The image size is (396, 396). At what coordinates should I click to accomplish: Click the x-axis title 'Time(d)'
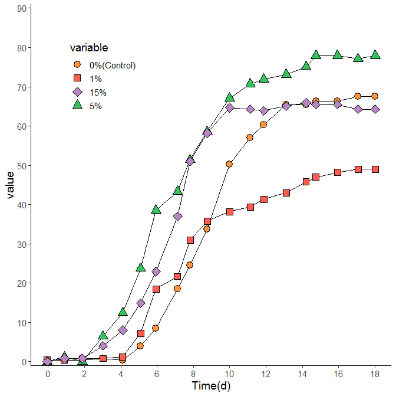tap(211, 386)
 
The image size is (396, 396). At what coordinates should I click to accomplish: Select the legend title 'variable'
tap(88, 47)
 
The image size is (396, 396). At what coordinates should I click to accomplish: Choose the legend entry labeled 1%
tap(95, 78)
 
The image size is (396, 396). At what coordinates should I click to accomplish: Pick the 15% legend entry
tap(98, 92)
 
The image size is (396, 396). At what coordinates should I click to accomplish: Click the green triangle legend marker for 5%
tap(77, 105)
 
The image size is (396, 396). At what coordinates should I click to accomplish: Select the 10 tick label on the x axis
tap(229, 374)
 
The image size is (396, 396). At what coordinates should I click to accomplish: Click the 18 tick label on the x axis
tap(375, 374)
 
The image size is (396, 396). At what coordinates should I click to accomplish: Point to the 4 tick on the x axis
tap(120, 374)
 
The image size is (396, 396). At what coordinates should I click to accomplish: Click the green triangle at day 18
tap(375, 55)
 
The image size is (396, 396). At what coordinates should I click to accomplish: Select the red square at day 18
tap(375, 169)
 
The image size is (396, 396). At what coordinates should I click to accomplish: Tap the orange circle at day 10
tap(229, 164)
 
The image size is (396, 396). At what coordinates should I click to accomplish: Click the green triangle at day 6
tap(156, 209)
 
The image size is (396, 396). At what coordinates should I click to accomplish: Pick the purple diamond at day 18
tap(375, 109)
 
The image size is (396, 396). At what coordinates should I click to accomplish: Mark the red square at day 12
tap(264, 199)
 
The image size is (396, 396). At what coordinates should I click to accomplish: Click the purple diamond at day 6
tap(156, 271)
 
